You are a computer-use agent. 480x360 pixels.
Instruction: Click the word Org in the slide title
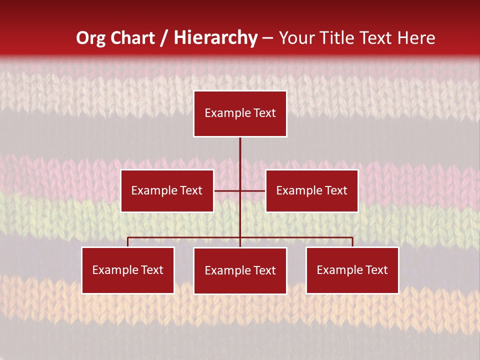pyautogui.click(x=91, y=38)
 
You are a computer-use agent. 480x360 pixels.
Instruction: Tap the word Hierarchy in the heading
pyautogui.click(x=215, y=38)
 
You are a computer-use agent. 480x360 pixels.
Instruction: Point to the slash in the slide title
pyautogui.click(x=164, y=38)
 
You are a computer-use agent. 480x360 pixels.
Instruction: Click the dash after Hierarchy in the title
pyautogui.click(x=267, y=38)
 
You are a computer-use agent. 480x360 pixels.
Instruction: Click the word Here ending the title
pyautogui.click(x=416, y=38)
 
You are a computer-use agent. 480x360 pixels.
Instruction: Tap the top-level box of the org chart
pyautogui.click(x=240, y=113)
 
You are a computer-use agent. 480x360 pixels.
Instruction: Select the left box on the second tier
pyautogui.click(x=167, y=191)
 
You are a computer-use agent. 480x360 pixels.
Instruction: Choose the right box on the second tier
pyautogui.click(x=311, y=191)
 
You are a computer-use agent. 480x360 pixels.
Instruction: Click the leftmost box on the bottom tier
pyautogui.click(x=128, y=270)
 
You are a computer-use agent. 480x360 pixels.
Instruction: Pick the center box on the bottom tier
pyautogui.click(x=240, y=271)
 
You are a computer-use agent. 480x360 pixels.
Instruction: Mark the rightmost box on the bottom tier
pyautogui.click(x=352, y=270)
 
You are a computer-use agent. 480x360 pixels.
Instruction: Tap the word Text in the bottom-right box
pyautogui.click(x=376, y=270)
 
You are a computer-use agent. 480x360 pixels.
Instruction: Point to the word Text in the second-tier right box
pyautogui.click(x=335, y=191)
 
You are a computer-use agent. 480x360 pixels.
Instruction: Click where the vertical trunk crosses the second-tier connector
pyautogui.click(x=240, y=190)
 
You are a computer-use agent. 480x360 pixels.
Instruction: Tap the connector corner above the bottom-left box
pyautogui.click(x=128, y=238)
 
